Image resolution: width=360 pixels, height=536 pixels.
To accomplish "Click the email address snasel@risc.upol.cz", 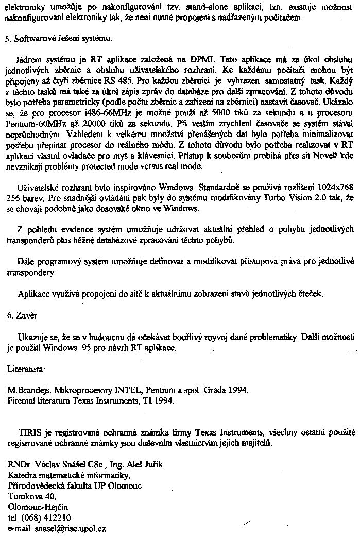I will pos(71,528).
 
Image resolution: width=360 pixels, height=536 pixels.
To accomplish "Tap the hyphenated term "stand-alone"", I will pos(184,8).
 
